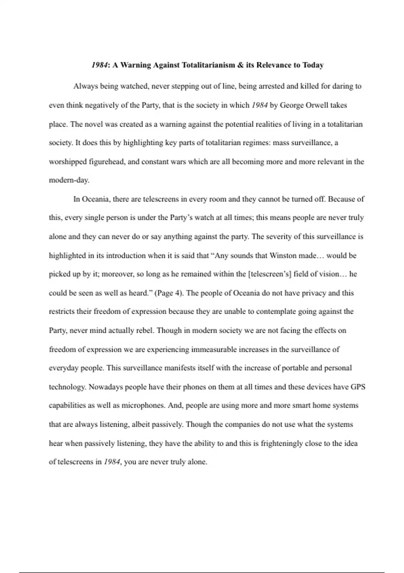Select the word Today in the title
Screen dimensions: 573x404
[x=313, y=65]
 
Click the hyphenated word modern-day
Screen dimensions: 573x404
[x=69, y=180]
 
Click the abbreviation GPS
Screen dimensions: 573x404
[x=358, y=387]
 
